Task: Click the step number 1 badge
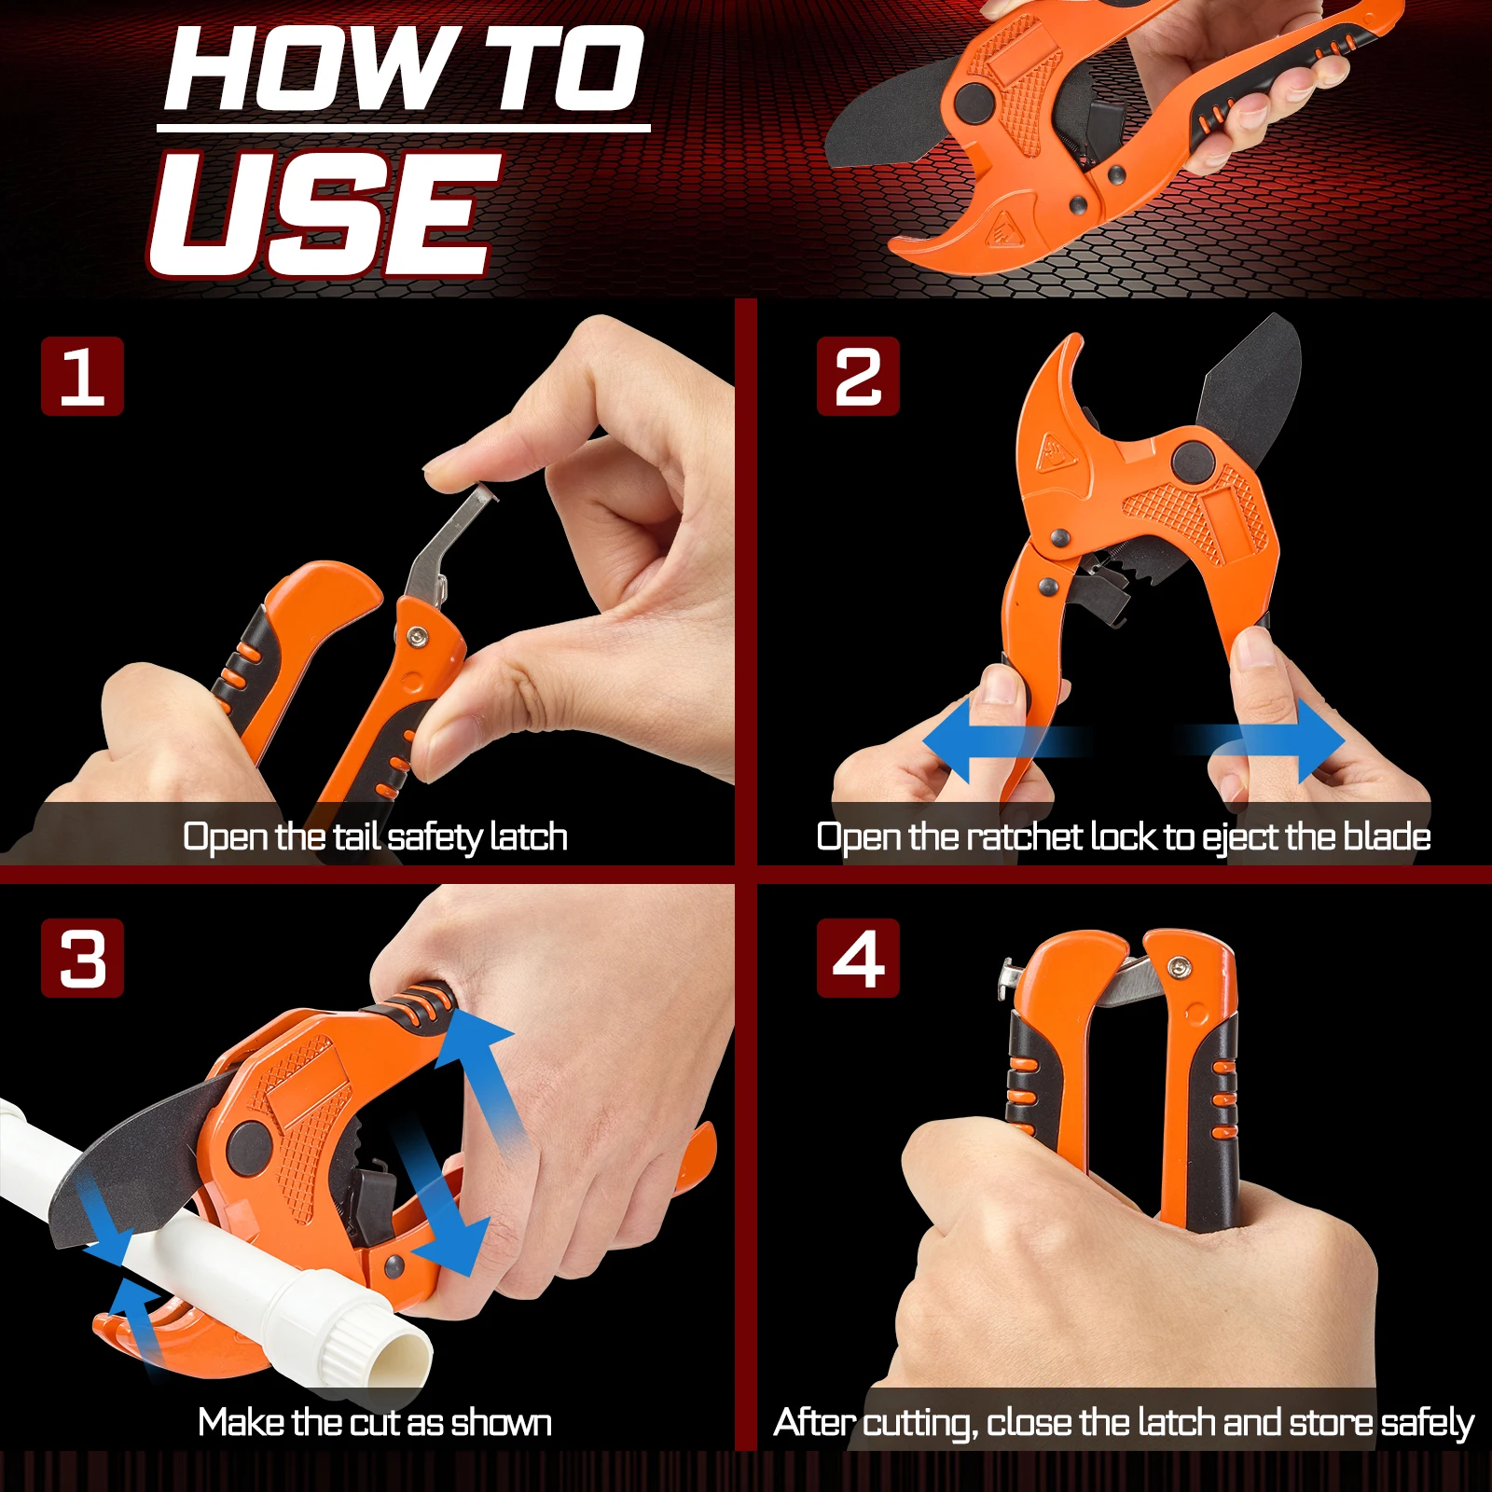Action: [x=82, y=376]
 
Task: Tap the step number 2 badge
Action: [x=858, y=376]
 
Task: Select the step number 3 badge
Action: [x=82, y=958]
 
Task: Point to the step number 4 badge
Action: [x=858, y=958]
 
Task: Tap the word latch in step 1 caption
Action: [x=529, y=836]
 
